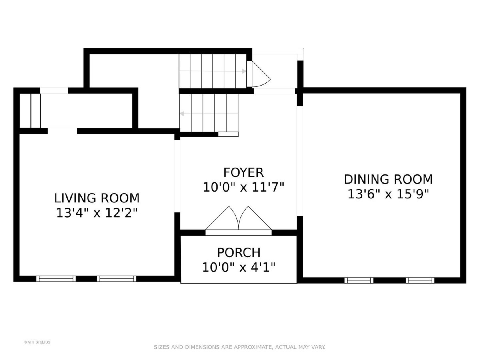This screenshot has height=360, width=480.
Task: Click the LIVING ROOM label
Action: tap(97, 198)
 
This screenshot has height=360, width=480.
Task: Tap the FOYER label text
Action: tap(243, 173)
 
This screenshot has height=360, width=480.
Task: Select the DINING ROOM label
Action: tap(388, 180)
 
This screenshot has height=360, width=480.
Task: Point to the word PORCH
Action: tap(239, 253)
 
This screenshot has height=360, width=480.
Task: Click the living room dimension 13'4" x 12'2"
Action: tap(97, 213)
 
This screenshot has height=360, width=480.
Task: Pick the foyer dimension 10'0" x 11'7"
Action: tap(243, 187)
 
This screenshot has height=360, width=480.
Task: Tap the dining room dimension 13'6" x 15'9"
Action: tap(388, 194)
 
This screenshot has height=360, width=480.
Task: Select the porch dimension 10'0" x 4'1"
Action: tap(239, 267)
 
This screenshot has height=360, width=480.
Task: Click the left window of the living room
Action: tap(56, 279)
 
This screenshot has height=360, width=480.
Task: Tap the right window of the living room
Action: tap(116, 279)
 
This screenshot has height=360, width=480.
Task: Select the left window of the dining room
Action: tap(359, 280)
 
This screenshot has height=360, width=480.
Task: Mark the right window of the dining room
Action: tap(420, 280)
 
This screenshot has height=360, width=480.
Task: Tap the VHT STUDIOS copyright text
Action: tap(37, 342)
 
